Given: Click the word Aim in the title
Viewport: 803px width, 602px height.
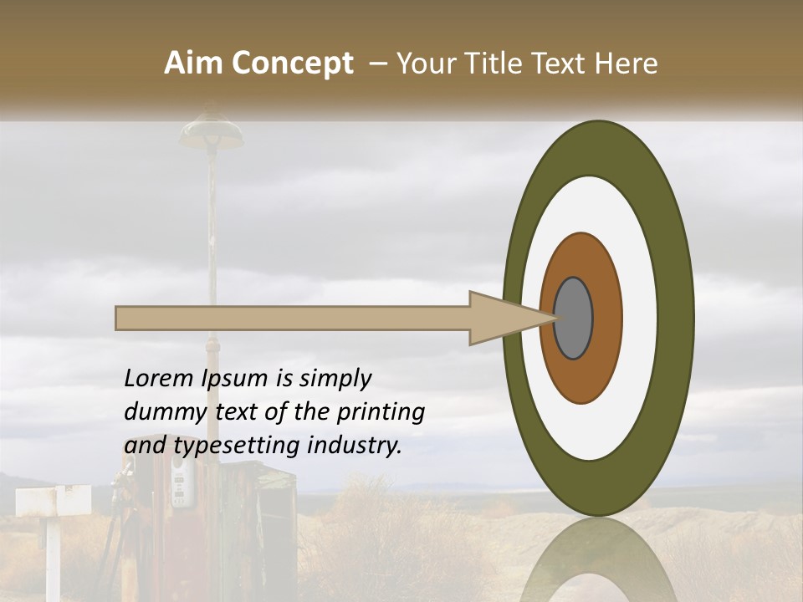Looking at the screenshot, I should click(x=192, y=64).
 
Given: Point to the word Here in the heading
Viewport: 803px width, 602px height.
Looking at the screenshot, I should click(x=627, y=64).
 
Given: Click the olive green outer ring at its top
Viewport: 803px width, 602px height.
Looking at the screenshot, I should click(x=598, y=147).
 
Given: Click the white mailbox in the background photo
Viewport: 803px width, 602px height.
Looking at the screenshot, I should click(x=53, y=501).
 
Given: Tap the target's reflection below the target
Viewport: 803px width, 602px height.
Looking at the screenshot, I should click(x=597, y=560).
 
